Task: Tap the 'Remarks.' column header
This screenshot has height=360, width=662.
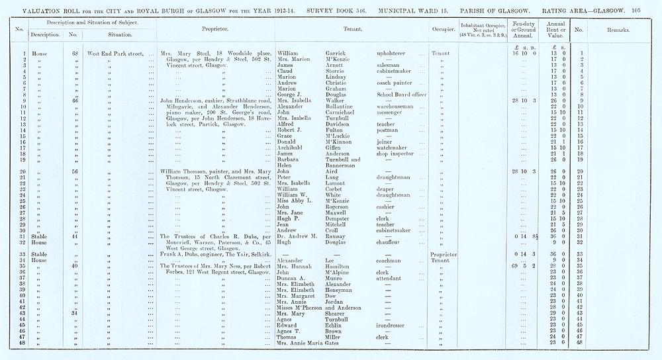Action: point(622,30)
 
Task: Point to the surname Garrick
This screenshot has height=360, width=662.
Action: point(338,53)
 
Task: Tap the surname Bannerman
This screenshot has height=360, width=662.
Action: point(345,165)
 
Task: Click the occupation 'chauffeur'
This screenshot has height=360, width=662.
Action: point(392,242)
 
